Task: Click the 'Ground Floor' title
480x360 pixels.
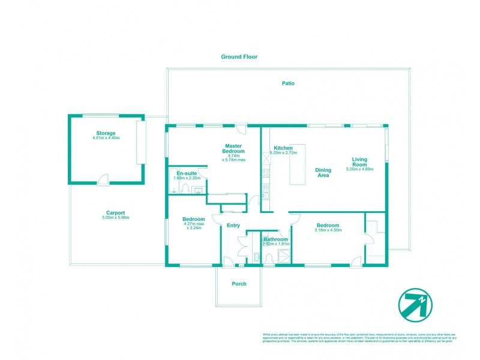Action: click(x=239, y=57)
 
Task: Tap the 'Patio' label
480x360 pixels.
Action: click(x=288, y=83)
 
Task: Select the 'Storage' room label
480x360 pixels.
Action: click(x=106, y=133)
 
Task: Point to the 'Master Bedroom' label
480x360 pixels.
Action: click(x=233, y=149)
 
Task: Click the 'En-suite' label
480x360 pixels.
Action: click(x=185, y=173)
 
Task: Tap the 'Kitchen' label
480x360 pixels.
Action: click(x=283, y=148)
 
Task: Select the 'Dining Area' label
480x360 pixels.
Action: click(x=323, y=173)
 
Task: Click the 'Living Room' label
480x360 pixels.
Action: click(x=359, y=162)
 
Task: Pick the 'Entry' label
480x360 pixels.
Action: click(x=233, y=226)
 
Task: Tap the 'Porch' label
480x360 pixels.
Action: click(x=239, y=284)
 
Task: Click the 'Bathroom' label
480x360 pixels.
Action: click(x=277, y=239)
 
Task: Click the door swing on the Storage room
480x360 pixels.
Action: click(x=104, y=178)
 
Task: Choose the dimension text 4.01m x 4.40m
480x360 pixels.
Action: click(x=106, y=139)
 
